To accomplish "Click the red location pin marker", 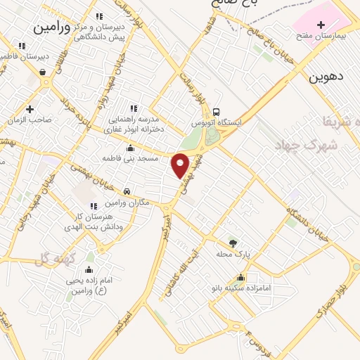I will tap(181, 165).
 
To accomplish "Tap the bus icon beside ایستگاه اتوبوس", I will tap(217, 112).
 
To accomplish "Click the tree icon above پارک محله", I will tap(233, 243).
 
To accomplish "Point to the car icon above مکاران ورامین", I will tap(127, 191).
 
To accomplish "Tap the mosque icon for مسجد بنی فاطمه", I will tap(130, 148).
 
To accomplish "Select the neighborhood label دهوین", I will tap(326, 77).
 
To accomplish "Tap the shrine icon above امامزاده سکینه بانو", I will tap(241, 277).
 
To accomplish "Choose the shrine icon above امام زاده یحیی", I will tap(89, 269).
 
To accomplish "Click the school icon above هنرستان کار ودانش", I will tap(94, 205).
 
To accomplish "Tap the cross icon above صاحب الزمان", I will tap(30, 109).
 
